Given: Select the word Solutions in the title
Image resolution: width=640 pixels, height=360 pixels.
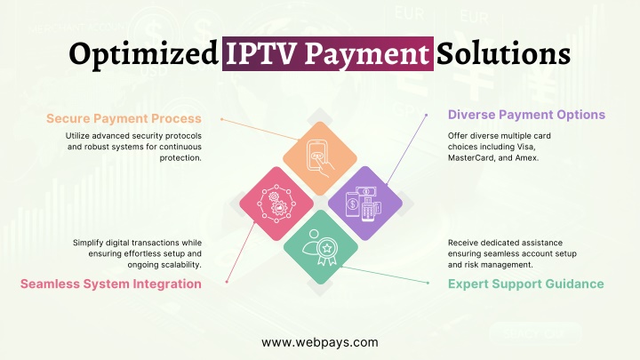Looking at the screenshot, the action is pyautogui.click(x=503, y=53).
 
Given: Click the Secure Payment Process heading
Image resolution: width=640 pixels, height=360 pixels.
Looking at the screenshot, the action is pyautogui.click(x=124, y=119).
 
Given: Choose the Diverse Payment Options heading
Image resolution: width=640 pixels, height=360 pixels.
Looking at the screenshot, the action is pyautogui.click(x=526, y=115).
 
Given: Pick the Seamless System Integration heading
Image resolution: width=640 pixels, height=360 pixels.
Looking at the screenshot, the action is pyautogui.click(x=111, y=284).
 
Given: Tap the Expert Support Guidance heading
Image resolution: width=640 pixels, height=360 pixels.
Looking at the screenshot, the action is pyautogui.click(x=525, y=284).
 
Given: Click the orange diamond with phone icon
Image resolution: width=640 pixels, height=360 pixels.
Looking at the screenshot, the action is pyautogui.click(x=320, y=158).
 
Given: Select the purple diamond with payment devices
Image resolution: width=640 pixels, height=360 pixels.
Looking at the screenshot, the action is pyautogui.click(x=365, y=204).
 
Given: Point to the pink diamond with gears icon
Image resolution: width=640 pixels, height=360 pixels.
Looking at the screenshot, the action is pyautogui.click(x=276, y=204).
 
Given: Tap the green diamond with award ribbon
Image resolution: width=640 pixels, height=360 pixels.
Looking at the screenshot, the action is pyautogui.click(x=321, y=247).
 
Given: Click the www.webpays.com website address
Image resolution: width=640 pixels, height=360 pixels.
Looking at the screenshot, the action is pyautogui.click(x=320, y=342).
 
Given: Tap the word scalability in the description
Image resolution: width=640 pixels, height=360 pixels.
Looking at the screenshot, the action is pyautogui.click(x=181, y=265).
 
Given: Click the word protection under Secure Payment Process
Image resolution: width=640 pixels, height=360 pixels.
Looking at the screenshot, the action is pyautogui.click(x=180, y=158).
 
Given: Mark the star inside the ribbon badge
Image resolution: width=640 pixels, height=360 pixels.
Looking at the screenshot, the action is pyautogui.click(x=327, y=248).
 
